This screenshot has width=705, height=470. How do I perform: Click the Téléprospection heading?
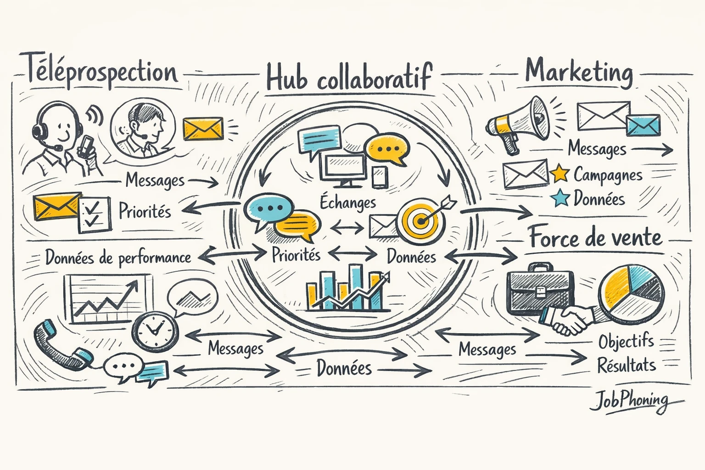[100, 73]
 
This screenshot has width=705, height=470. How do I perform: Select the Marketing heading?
[579, 73]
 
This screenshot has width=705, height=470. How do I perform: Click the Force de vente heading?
[595, 238]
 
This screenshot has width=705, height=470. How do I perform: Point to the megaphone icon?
[519, 122]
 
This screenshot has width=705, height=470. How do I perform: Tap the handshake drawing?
[569, 319]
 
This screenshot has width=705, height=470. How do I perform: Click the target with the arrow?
[421, 219]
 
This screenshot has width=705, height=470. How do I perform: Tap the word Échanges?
[348, 202]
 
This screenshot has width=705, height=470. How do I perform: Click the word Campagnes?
[608, 175]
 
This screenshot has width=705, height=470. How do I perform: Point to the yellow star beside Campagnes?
[560, 173]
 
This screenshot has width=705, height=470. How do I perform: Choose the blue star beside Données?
[560, 198]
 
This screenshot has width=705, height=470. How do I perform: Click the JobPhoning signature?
[629, 401]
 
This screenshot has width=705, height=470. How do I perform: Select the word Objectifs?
[626, 341]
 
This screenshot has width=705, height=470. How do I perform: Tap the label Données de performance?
[118, 257]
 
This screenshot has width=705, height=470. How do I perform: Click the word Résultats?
[626, 365]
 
